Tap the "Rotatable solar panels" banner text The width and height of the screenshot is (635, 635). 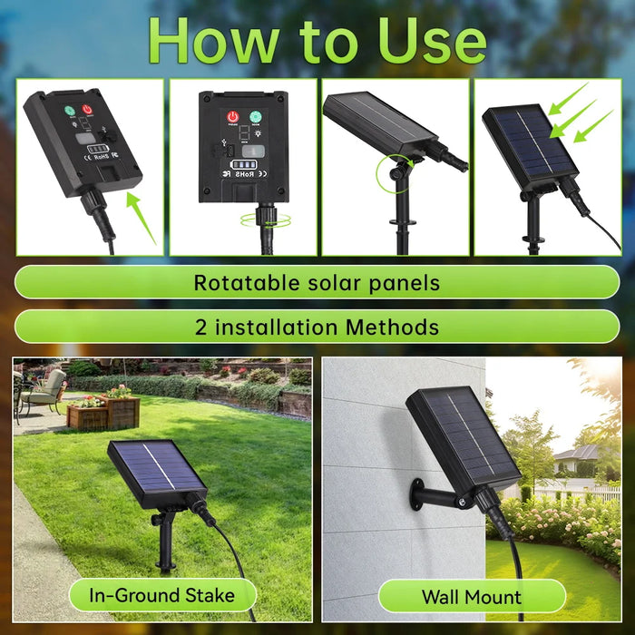pyautogui.click(x=317, y=282)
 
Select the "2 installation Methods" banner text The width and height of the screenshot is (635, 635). pyautogui.click(x=317, y=327)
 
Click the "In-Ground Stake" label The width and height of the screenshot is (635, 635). pyautogui.click(x=162, y=595)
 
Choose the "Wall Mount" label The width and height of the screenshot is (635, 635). pyautogui.click(x=471, y=597)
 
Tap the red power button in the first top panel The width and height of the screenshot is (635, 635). pyautogui.click(x=87, y=111)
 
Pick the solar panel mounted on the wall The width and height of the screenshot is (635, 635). pyautogui.click(x=462, y=435)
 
